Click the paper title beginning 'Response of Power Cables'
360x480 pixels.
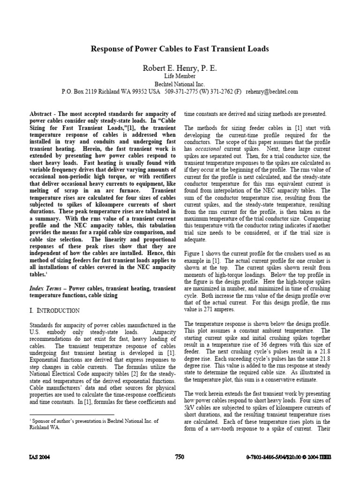tap(180, 48)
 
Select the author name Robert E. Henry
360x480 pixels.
tap(180, 68)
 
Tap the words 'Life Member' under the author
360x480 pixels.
tap(180, 76)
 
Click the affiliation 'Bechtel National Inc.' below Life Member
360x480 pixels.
tap(180, 83)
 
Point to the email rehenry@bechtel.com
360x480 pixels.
tap(272, 91)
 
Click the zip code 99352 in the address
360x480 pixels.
tap(135, 91)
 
